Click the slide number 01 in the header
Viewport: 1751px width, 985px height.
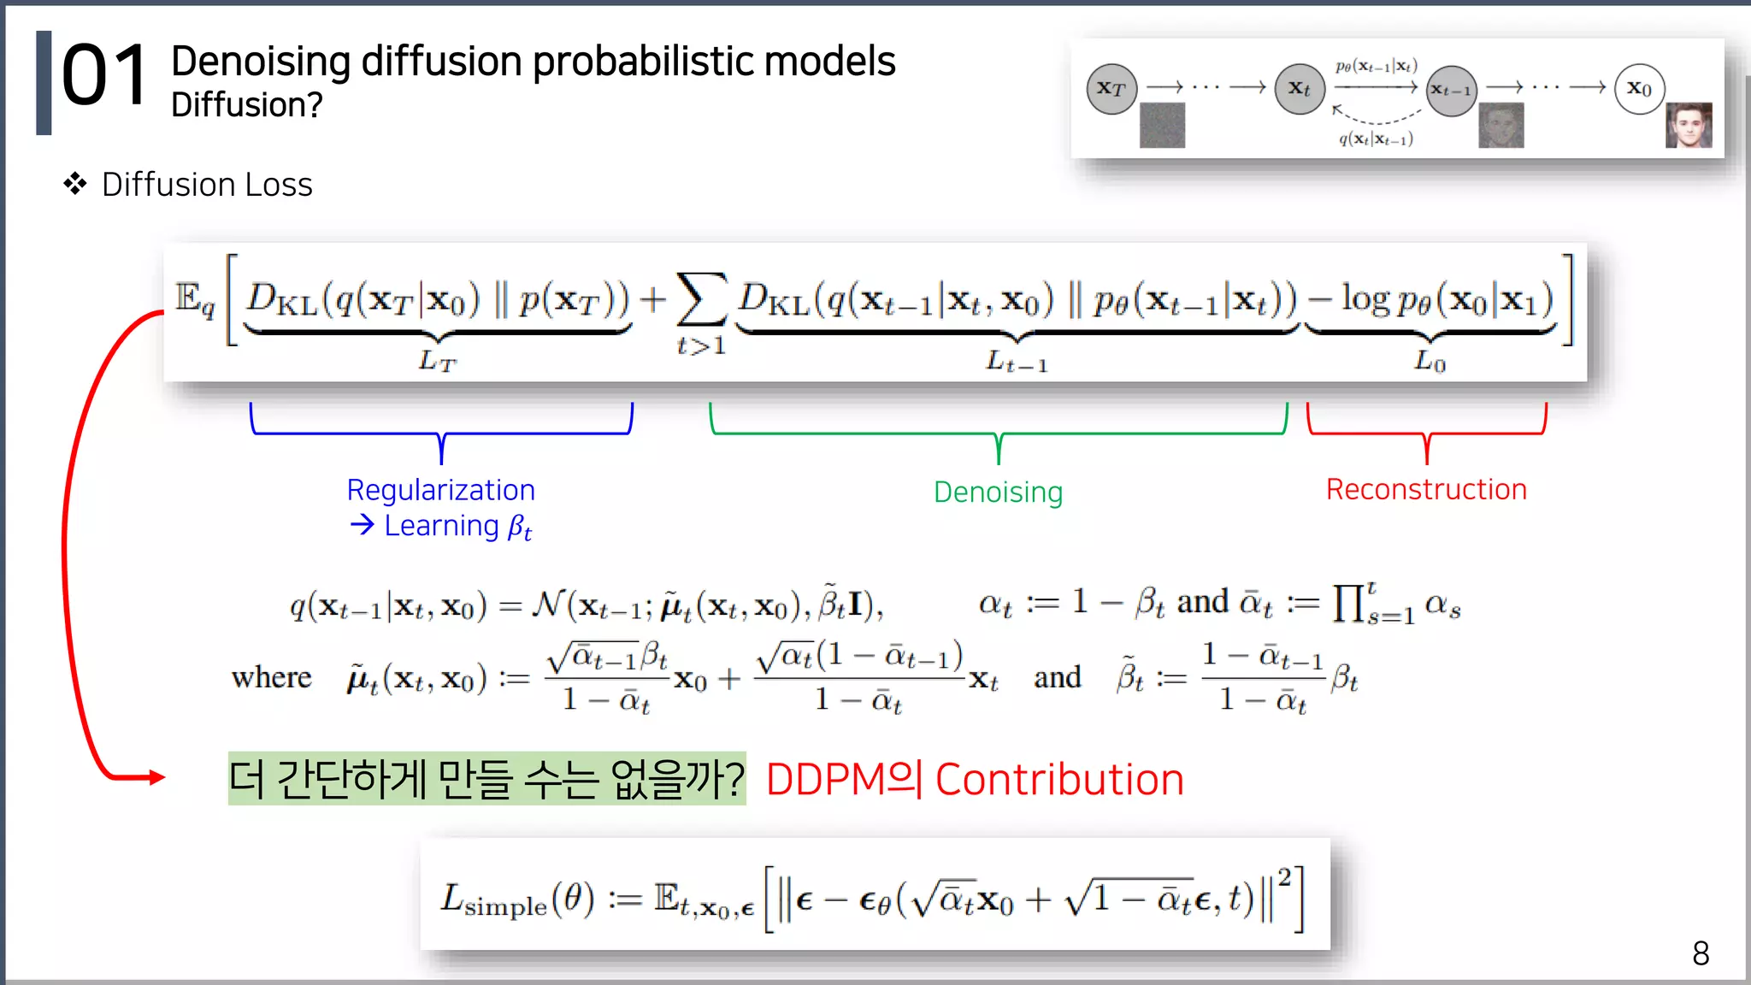(104, 77)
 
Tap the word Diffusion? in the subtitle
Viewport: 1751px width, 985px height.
(246, 105)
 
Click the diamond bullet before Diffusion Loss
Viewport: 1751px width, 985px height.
(75, 184)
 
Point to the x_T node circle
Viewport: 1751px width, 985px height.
(1111, 88)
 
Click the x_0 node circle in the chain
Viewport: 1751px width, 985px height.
(1639, 88)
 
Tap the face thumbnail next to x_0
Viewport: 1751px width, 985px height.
(1689, 125)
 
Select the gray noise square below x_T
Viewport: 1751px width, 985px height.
(1162, 125)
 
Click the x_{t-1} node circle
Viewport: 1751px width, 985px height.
(1451, 91)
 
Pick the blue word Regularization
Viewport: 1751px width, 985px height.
(440, 490)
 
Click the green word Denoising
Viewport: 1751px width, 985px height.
(998, 492)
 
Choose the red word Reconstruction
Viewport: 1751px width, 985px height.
(1425, 489)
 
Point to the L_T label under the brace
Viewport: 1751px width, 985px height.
(437, 362)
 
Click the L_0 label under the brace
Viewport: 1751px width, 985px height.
(1430, 362)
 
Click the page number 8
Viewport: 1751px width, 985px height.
(1701, 953)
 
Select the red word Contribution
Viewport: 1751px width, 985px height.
(1059, 780)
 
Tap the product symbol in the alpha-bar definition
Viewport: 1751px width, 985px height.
(1348, 604)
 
